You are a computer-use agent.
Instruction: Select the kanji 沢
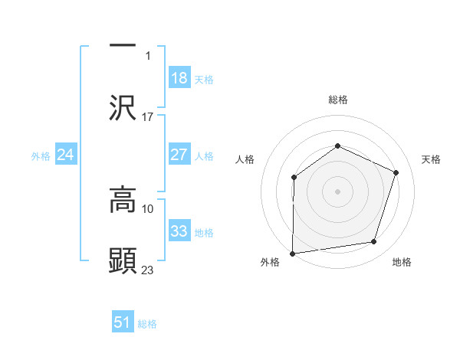point(123,106)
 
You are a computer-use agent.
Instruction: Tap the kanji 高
point(123,201)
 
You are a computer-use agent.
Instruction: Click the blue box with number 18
point(179,78)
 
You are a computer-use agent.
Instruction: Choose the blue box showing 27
point(179,155)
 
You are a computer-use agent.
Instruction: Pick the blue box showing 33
point(179,231)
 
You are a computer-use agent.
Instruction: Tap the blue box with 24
point(65,155)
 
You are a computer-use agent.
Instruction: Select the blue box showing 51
point(123,322)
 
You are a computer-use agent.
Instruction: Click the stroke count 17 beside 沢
point(148,117)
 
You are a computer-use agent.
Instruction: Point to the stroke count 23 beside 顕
point(148,270)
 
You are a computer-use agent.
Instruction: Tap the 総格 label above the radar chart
point(337,100)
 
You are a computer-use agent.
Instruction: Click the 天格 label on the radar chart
point(431,159)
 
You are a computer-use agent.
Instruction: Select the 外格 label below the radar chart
point(270,263)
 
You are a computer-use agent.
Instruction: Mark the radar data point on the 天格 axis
point(396,172)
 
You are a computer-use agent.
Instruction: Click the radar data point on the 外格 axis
point(293,253)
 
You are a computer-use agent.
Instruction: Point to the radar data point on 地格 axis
point(374,242)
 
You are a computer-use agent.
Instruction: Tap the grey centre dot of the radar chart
point(337,191)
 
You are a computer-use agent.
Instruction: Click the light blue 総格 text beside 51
point(147,324)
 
